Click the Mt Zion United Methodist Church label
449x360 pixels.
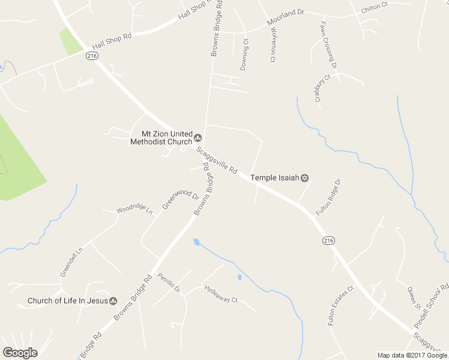point(161,138)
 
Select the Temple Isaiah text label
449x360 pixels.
point(274,178)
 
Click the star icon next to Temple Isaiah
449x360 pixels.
point(304,178)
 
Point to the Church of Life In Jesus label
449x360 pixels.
point(67,301)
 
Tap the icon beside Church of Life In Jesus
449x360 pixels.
point(113,301)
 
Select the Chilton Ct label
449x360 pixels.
point(374,7)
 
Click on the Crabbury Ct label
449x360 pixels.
point(323,88)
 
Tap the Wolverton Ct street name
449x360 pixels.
point(272,44)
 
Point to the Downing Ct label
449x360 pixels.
point(245,55)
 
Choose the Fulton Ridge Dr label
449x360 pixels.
point(328,197)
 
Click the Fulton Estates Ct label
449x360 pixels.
point(342,305)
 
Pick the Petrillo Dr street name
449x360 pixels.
point(169,282)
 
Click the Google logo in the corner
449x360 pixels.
point(20,353)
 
